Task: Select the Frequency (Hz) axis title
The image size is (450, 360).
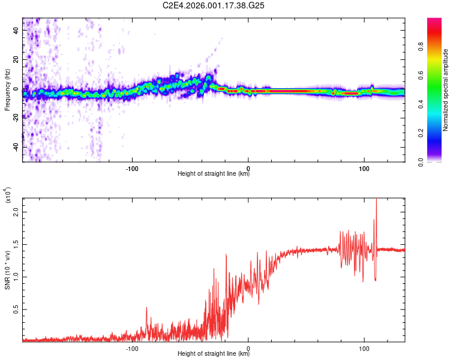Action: pyautogui.click(x=7, y=90)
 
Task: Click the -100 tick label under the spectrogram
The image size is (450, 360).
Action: pyautogui.click(x=133, y=168)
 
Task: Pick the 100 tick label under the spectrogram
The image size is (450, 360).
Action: pyautogui.click(x=364, y=168)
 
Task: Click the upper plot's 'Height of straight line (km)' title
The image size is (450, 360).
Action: pyautogui.click(x=214, y=175)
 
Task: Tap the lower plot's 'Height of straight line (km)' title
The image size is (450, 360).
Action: pyautogui.click(x=214, y=354)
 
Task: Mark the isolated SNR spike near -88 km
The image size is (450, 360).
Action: pyautogui.click(x=146, y=308)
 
